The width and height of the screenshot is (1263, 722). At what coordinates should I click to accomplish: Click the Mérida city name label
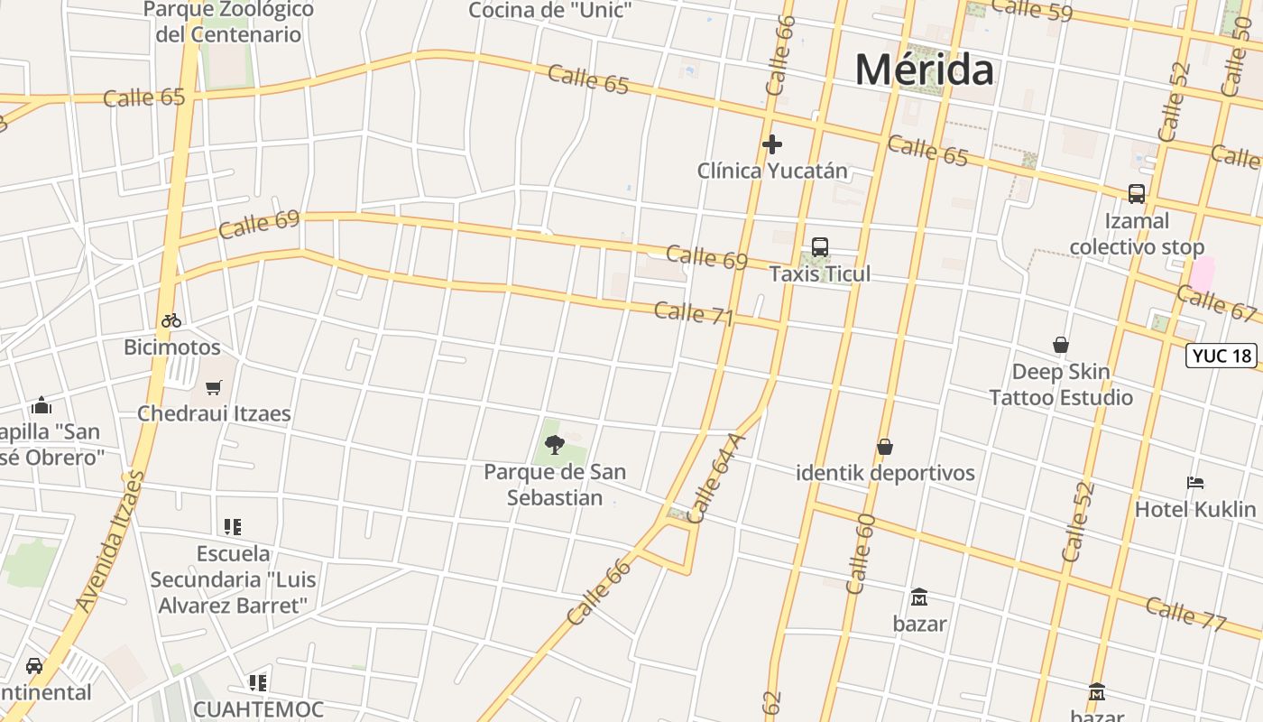[x=925, y=69]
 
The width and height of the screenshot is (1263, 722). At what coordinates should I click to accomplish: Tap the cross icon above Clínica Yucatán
[x=771, y=144]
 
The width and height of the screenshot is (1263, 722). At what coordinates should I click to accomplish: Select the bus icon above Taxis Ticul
[x=819, y=246]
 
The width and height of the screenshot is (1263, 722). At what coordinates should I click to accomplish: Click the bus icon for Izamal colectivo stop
[x=1137, y=194]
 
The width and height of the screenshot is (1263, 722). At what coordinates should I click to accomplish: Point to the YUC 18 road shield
[x=1222, y=356]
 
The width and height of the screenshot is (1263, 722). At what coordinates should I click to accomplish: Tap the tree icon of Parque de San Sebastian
[x=554, y=444]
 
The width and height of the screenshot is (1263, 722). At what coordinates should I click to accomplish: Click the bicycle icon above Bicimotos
[x=171, y=320]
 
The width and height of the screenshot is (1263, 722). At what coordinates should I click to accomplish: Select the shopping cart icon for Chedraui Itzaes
[x=214, y=387]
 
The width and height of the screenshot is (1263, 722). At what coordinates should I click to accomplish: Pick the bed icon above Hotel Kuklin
[x=1195, y=483]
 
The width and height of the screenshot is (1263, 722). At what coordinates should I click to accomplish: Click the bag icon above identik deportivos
[x=885, y=447]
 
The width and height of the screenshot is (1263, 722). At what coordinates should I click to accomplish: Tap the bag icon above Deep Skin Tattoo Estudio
[x=1061, y=345]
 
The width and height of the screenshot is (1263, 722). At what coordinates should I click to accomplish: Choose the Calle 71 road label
[x=693, y=313]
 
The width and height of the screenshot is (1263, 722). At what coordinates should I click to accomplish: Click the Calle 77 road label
[x=1185, y=613]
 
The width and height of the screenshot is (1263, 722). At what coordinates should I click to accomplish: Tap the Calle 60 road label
[x=862, y=553]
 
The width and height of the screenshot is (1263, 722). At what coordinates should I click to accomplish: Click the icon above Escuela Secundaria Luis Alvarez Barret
[x=233, y=527]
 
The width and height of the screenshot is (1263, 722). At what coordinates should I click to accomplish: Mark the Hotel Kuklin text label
[x=1194, y=509]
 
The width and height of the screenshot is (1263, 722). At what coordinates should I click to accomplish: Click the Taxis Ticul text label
[x=819, y=273]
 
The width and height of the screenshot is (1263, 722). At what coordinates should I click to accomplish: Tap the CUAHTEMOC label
[x=258, y=709]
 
